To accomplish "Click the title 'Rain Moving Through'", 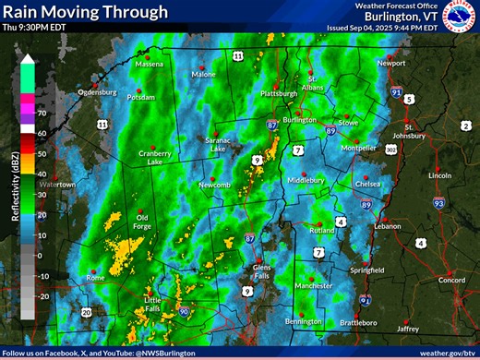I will (86, 12).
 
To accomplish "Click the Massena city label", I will (149, 65).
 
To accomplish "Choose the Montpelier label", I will (358, 147).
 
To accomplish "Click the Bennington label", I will (304, 321).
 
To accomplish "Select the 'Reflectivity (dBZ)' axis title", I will (16, 185).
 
